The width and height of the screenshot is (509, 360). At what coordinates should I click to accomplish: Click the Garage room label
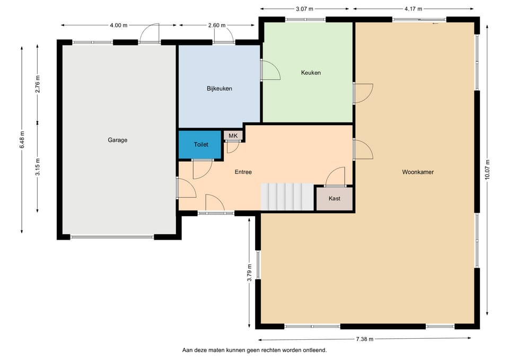point(118,140)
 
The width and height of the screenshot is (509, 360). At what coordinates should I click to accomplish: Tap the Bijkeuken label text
point(220,89)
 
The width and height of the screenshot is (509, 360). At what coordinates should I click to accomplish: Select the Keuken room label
point(311,73)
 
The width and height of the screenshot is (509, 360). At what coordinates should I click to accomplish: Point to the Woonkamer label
point(418,172)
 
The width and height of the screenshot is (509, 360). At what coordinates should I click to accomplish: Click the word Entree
point(243,172)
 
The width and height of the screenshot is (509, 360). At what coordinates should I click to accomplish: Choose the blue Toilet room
point(200,144)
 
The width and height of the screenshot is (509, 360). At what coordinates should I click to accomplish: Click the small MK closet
point(233,135)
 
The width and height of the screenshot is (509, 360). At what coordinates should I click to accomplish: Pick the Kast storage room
point(335,198)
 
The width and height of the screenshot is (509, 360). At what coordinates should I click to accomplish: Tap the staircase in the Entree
point(287,197)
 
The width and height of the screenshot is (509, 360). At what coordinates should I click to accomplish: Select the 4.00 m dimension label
point(118,25)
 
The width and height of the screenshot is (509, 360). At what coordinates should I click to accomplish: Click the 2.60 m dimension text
point(217,25)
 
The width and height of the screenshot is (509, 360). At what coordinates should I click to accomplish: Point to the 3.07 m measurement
point(304,9)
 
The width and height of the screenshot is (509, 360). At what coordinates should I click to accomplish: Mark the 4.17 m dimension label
point(413,9)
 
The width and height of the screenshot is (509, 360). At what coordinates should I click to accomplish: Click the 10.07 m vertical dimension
point(487,170)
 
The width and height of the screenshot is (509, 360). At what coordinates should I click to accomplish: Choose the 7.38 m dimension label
point(365,339)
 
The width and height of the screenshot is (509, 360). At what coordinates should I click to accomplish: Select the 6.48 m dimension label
point(22,140)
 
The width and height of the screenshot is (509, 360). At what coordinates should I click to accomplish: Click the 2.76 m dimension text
point(38,84)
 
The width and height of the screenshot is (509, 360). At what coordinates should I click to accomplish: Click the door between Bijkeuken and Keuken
point(270,70)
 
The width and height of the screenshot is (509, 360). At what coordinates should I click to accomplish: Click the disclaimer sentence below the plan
point(254,350)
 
